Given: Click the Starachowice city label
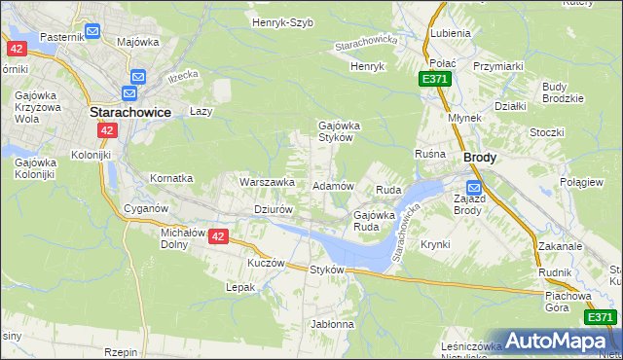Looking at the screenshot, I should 130,112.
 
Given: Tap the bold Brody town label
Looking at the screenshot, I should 480,157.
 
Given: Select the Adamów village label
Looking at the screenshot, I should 332,185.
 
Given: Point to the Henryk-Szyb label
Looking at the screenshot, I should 282,22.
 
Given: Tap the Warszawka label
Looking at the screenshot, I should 267,182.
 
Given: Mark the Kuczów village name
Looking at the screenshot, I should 266,263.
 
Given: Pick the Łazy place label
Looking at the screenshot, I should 201,112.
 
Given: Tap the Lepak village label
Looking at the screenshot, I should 240,287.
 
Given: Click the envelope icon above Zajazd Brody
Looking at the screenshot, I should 473,188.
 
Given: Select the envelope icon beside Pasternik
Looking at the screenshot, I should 92,32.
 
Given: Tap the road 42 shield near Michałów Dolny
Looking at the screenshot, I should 218,236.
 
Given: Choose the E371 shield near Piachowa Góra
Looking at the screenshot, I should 600,317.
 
